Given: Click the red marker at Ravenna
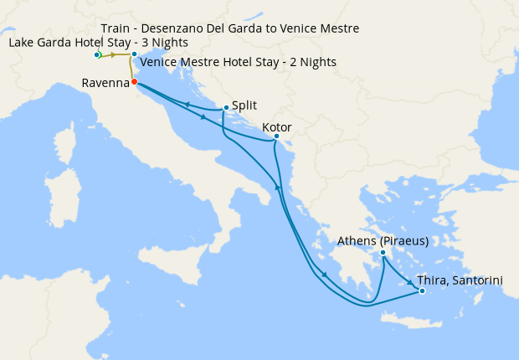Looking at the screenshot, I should coord(134,82).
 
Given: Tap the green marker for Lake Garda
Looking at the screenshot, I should coord(98,55).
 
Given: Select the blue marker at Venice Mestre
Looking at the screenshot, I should coord(134,55).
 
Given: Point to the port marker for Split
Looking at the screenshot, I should coord(226,107).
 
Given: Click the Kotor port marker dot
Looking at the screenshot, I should coord(277,136).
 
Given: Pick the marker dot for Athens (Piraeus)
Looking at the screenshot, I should coord(383,253).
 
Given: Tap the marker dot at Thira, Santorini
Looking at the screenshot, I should coord(422,291).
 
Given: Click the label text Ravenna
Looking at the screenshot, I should coord(105,83).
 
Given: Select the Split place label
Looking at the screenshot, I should coord(245,105).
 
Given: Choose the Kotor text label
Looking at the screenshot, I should coord(277,126).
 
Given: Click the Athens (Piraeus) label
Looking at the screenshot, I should coord(383,241).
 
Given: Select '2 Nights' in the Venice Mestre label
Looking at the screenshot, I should coord(312,62).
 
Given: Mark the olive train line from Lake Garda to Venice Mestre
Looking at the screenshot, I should coord(117,55).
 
